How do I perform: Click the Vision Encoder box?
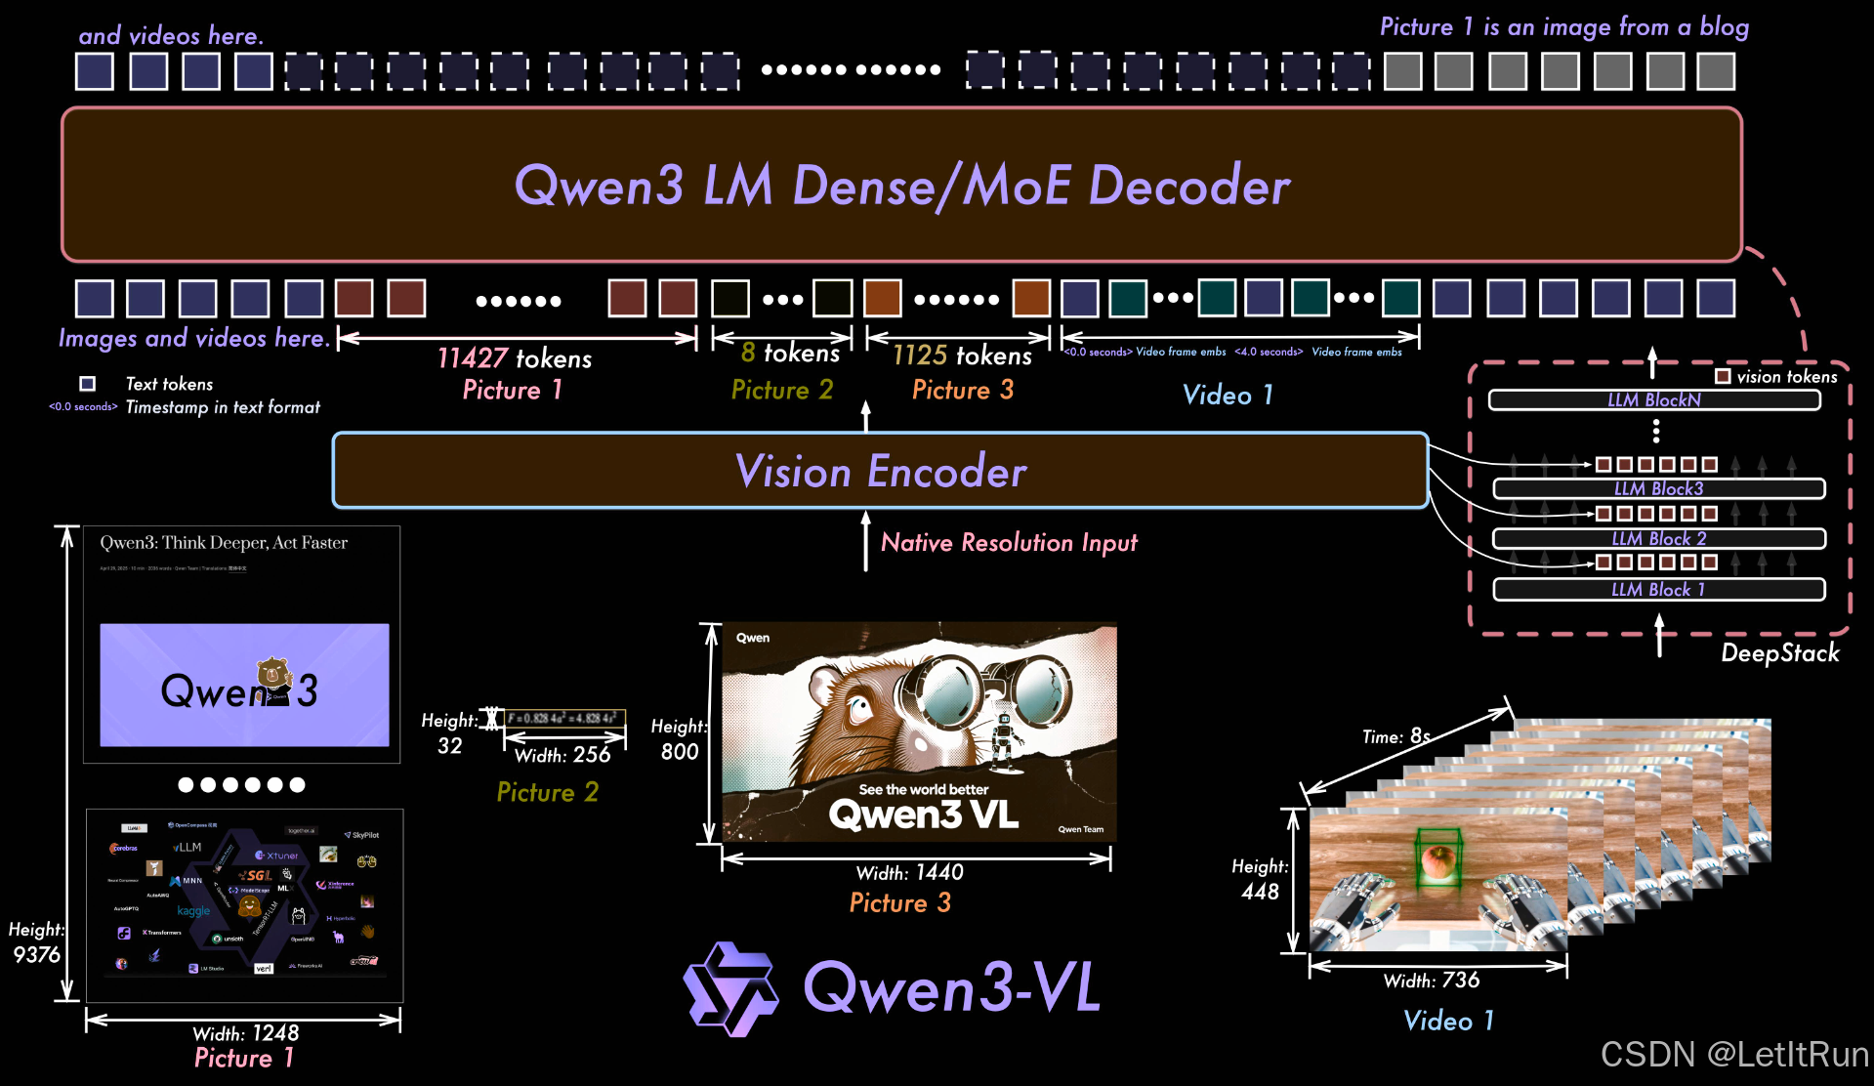[x=880, y=471]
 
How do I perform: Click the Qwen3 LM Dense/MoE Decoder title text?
[x=901, y=186]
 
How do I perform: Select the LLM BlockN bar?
[x=1654, y=400]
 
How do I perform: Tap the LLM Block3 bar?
[x=1658, y=488]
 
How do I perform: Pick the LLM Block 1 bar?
[x=1658, y=590]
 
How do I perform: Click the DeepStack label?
[x=1779, y=652]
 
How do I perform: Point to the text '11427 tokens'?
[x=515, y=358]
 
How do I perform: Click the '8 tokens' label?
[x=790, y=353]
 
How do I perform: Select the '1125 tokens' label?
[x=962, y=355]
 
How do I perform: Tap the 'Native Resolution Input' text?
[x=1009, y=542]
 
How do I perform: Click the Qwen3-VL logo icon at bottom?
[x=731, y=988]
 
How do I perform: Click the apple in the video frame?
[x=1437, y=861]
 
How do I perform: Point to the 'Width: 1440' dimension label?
[x=909, y=872]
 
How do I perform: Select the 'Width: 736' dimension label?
[x=1431, y=981]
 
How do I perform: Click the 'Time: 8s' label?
[x=1395, y=736]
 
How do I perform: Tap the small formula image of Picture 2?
[x=563, y=719]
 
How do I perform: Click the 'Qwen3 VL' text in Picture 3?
[x=923, y=814]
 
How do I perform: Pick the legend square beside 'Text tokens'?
[x=88, y=384]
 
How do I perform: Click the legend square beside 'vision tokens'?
[x=1723, y=376]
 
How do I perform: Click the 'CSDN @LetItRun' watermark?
[x=1733, y=1055]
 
